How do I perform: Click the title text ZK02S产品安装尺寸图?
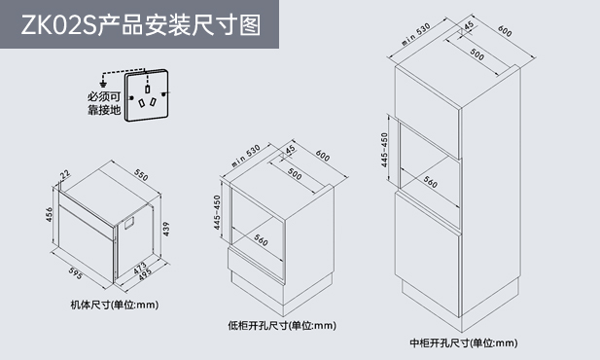coord(140,25)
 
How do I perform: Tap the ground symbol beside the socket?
coord(102,84)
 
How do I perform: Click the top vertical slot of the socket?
coord(147,89)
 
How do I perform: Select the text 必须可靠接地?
coord(104,103)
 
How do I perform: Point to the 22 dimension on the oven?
coord(65,174)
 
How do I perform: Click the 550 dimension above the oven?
coord(141,174)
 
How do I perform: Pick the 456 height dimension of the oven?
coord(49,214)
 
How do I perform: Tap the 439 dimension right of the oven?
coord(165,229)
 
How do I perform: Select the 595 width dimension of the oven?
coord(76,273)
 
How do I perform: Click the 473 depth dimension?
coord(140,268)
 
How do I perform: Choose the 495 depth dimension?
coord(145,274)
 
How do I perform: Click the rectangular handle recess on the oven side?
coord(128,224)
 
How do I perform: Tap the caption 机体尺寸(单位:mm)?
coord(115,305)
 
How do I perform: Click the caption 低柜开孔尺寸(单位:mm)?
coord(282,326)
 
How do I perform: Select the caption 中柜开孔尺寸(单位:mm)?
coord(464,342)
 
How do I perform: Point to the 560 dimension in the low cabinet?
coord(261,240)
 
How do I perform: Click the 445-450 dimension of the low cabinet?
coord(217,212)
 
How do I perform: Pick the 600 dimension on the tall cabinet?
coord(505,31)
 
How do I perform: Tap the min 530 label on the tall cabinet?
coord(416,34)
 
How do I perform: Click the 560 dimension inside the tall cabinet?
coord(430,182)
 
